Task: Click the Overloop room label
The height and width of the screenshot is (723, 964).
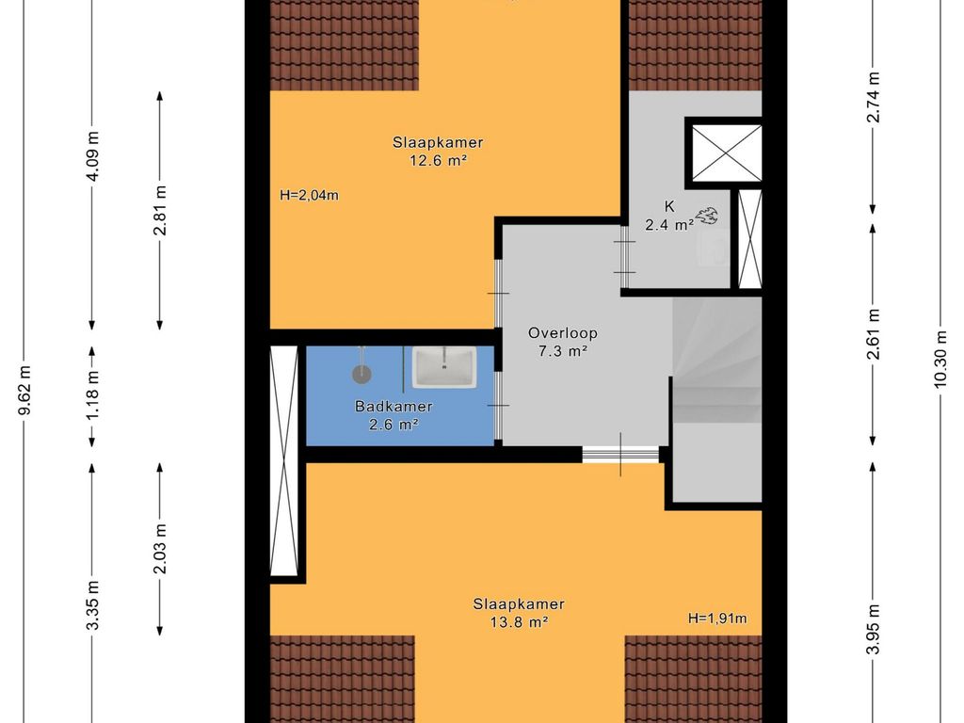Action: (563, 333)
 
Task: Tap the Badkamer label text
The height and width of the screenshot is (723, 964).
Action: (394, 407)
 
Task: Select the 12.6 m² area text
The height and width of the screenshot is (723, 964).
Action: (438, 160)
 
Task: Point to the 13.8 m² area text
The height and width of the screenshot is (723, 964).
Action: (519, 621)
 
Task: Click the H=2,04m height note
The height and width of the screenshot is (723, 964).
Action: (309, 196)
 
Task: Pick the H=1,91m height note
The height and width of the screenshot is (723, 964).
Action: (717, 618)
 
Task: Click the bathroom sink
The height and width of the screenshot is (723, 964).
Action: (444, 367)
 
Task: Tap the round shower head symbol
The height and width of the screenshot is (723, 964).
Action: (362, 373)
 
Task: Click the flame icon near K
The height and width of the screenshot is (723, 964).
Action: (706, 216)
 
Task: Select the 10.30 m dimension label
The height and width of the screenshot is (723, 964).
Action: (940, 360)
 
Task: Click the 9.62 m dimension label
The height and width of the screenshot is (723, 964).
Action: (24, 391)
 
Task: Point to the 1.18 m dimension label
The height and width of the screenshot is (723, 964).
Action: (92, 396)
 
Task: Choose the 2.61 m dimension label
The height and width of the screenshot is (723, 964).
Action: (873, 334)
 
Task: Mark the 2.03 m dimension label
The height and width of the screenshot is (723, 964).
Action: (160, 549)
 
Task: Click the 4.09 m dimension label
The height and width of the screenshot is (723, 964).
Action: (92, 157)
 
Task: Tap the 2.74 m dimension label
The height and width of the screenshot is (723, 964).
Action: (873, 97)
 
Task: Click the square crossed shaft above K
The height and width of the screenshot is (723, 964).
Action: (727, 153)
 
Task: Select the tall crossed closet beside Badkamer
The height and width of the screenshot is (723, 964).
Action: (284, 460)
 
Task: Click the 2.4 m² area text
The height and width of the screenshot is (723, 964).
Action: (669, 225)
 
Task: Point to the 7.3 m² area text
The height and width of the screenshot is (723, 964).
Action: (563, 352)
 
